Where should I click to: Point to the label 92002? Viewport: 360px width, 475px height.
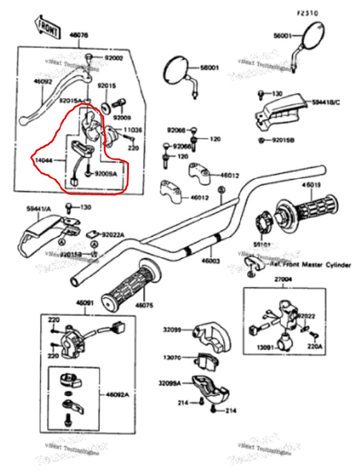113,58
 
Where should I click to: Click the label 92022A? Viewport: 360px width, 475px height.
111,235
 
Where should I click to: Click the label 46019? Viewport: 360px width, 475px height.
311,185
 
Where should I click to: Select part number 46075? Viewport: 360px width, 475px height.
144,305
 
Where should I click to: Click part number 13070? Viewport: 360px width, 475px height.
173,357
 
